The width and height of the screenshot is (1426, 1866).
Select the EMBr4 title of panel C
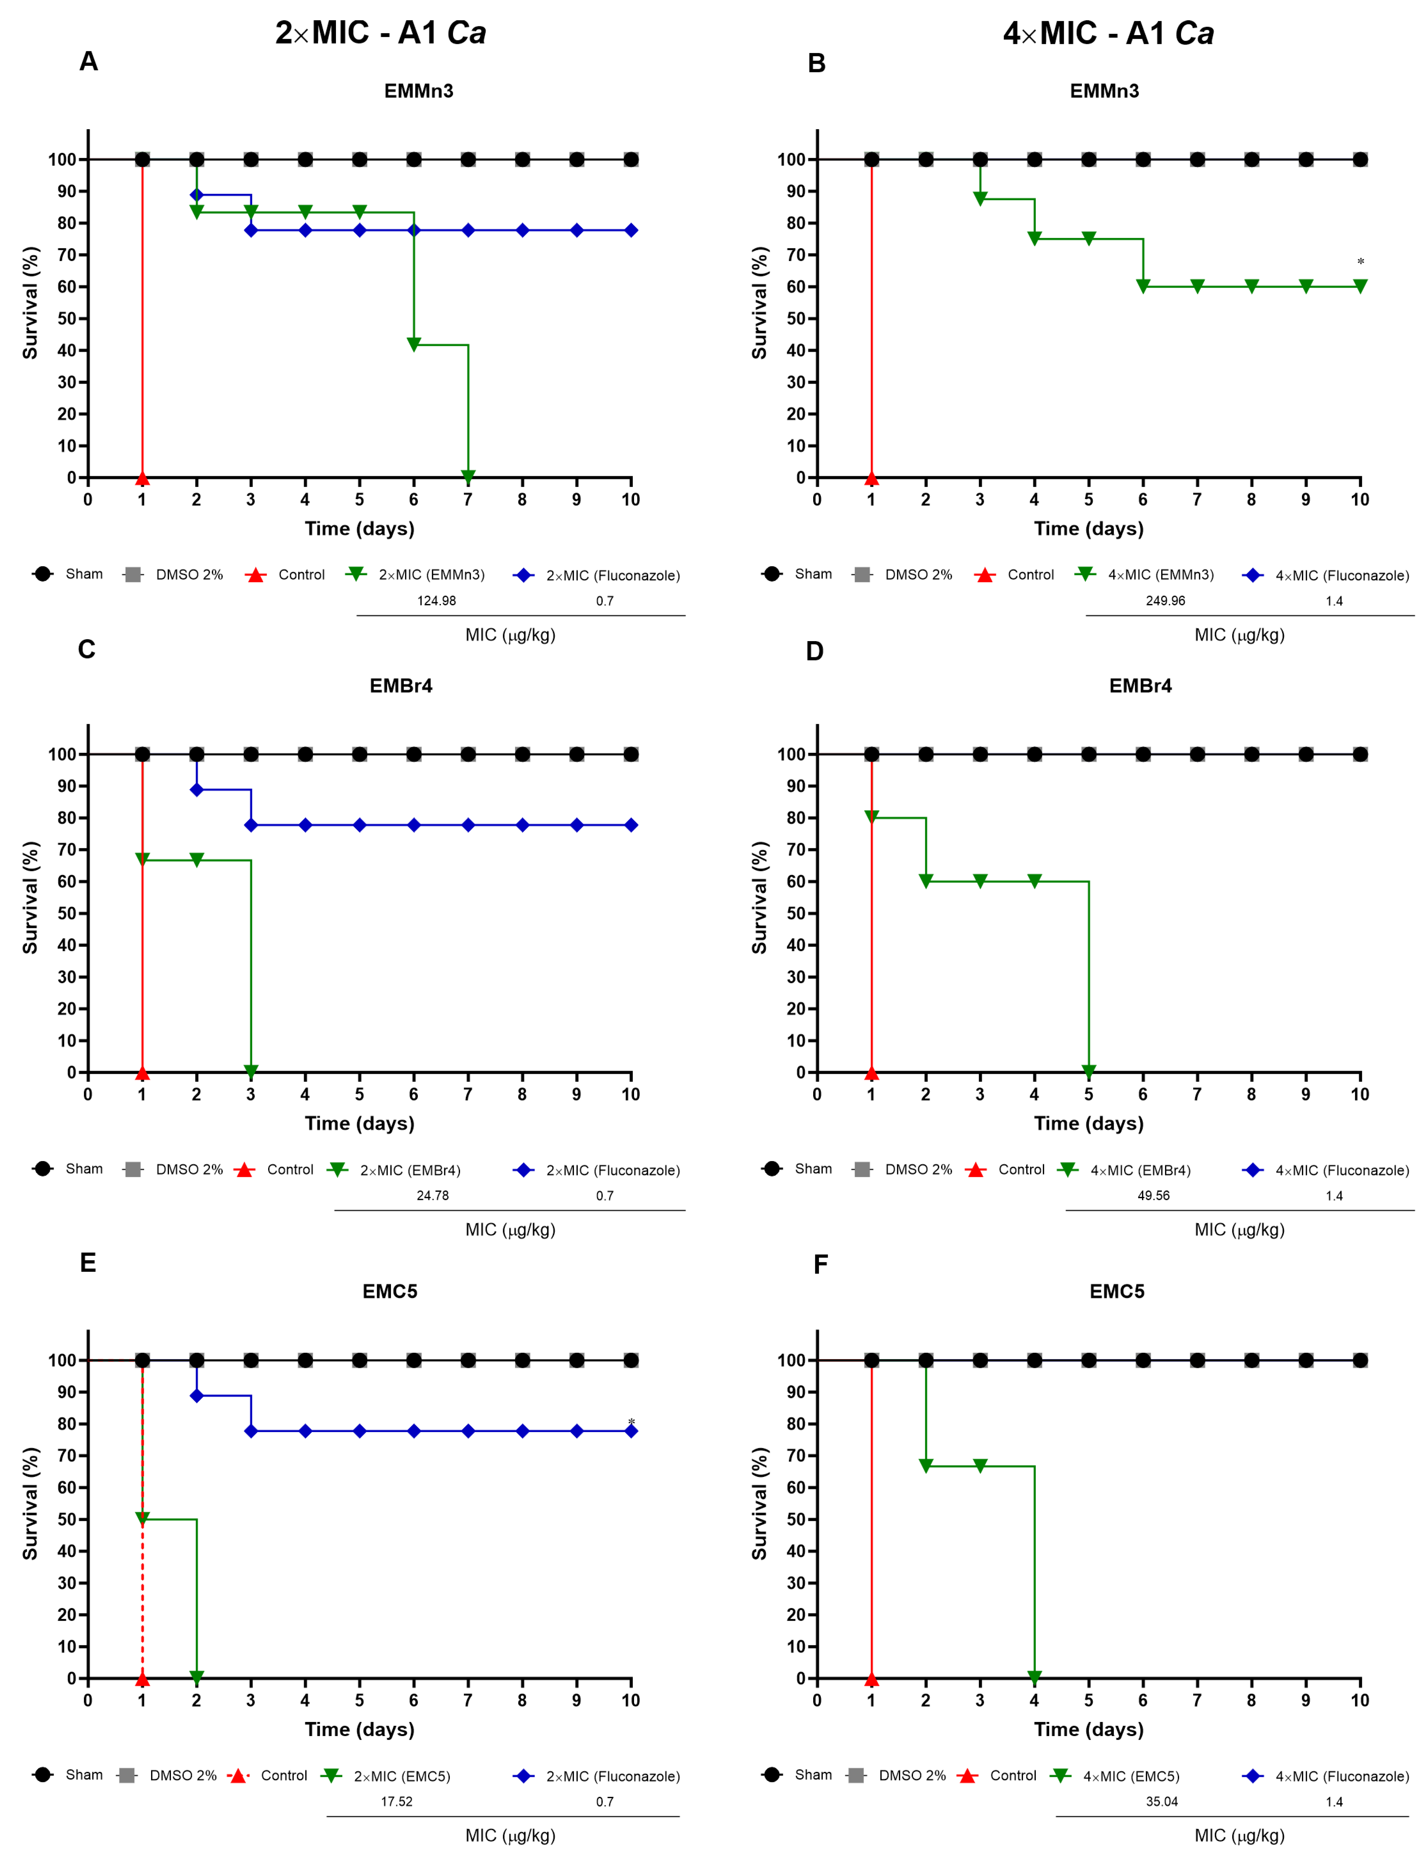click(x=401, y=685)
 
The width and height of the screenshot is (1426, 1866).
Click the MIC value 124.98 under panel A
click(x=436, y=600)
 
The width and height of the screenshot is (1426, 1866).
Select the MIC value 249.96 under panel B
click(x=1165, y=600)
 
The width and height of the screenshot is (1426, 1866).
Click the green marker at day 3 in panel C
click(x=250, y=1071)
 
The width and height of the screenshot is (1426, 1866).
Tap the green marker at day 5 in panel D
click(x=1088, y=1071)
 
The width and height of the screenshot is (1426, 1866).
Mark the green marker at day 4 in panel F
click(x=1034, y=1677)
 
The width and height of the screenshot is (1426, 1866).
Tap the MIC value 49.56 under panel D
click(x=1153, y=1195)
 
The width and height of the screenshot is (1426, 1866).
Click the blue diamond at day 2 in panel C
click(x=196, y=790)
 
